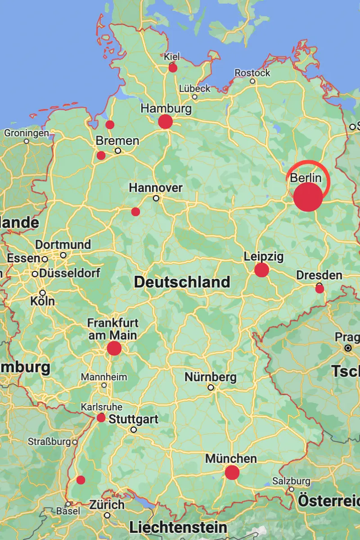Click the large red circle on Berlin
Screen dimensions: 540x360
[x=308, y=197]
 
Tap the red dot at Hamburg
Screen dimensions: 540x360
[x=165, y=121]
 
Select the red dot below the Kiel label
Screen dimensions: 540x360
[x=173, y=68]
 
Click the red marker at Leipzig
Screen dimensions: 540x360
[x=261, y=270]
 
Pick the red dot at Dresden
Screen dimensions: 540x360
[x=319, y=289]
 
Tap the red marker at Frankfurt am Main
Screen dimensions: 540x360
[x=114, y=348]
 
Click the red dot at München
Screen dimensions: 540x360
[x=232, y=472]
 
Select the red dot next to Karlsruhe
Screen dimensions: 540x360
[x=101, y=418]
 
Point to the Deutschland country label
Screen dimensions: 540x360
[x=182, y=282]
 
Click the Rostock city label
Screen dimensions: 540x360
[x=252, y=72]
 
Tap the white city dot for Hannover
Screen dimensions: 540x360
[x=156, y=198]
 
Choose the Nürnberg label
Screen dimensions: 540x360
[x=211, y=377]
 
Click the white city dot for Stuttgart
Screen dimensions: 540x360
[x=134, y=430]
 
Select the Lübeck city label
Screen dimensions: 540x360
[x=194, y=88]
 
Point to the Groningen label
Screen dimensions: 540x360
[x=26, y=133]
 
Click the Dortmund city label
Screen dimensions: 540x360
[x=63, y=245]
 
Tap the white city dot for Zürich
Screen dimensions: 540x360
[x=107, y=515]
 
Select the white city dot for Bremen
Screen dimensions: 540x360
[x=118, y=151]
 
